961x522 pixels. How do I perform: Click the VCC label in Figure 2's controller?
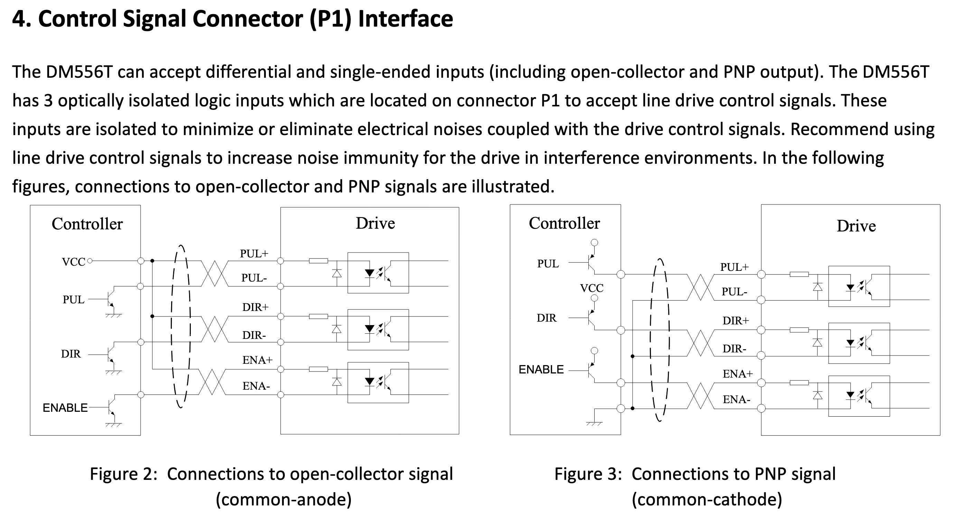click(74, 262)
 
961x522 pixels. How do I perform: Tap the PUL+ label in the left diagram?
click(254, 254)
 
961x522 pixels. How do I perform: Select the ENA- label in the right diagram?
click(736, 399)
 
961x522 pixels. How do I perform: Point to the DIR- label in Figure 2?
click(254, 335)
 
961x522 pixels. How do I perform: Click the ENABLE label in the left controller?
click(65, 408)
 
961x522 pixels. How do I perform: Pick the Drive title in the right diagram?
click(856, 226)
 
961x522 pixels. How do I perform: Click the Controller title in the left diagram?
click(87, 224)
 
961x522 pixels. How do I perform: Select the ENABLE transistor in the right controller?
click(591, 370)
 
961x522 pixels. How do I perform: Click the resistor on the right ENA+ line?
click(799, 382)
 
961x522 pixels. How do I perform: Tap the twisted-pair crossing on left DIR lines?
click(214, 329)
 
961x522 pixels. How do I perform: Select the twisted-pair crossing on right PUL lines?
click(700, 287)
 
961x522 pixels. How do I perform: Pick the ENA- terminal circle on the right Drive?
click(762, 408)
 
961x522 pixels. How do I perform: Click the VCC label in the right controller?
click(592, 288)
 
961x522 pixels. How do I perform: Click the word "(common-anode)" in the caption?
click(283, 500)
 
